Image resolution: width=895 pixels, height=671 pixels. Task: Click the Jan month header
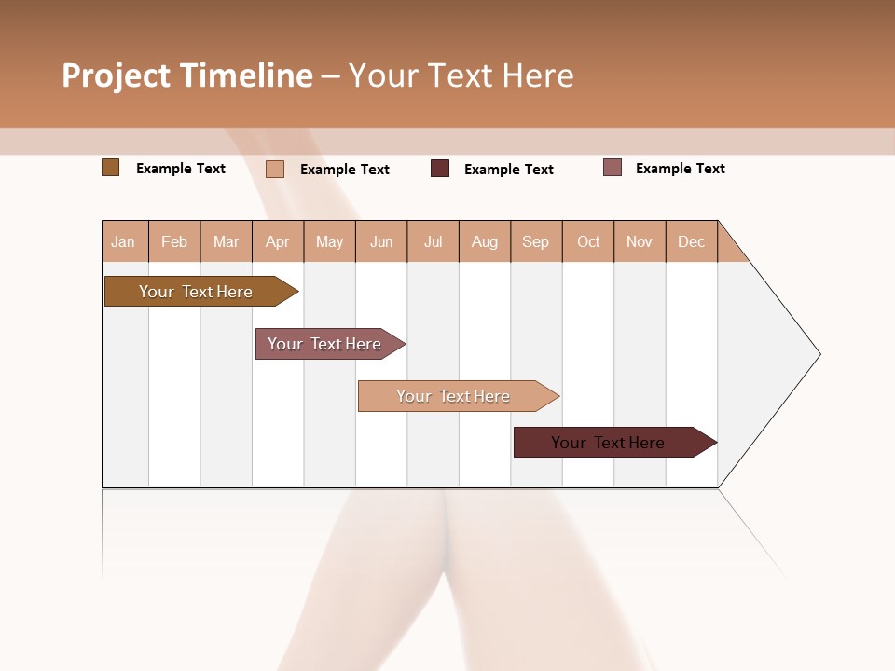pos(124,241)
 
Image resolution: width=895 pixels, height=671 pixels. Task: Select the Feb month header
pos(174,241)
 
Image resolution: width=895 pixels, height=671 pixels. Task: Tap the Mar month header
pos(226,241)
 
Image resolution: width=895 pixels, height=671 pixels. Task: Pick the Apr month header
pos(278,241)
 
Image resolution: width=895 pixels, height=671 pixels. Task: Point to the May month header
pos(329,241)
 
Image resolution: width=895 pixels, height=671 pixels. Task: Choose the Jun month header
pos(381,241)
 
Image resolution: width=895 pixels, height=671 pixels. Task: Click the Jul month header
pos(433,241)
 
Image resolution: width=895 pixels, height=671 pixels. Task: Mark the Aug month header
pos(485,241)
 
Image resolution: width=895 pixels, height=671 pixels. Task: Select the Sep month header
pos(536,241)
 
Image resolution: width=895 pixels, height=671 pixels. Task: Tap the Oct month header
pos(588,241)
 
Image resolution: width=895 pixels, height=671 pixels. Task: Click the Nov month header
pos(640,241)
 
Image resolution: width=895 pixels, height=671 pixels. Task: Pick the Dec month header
pos(692,241)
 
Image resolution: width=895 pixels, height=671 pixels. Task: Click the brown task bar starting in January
pos(197,292)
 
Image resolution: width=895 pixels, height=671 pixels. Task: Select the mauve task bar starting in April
pos(325,344)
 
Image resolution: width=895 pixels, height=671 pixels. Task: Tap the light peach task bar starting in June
pos(454,396)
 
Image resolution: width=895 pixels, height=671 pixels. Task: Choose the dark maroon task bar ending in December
pos(609,443)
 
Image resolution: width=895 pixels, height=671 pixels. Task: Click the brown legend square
pos(110,168)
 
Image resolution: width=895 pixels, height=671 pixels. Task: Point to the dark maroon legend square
pos(440,168)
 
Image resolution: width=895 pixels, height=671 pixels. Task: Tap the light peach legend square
pos(275,169)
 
